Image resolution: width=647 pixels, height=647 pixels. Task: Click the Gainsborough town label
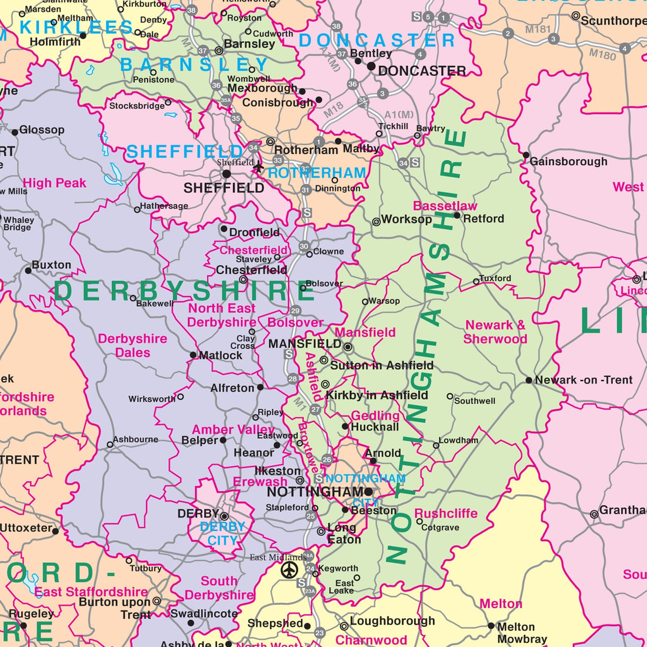click(x=568, y=161)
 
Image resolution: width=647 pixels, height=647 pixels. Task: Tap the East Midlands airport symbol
click(x=289, y=569)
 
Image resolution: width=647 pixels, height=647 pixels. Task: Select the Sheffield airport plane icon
click(x=258, y=168)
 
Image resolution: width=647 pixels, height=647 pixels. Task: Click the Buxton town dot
click(x=28, y=271)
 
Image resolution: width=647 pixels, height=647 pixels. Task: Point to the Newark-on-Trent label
click(x=583, y=380)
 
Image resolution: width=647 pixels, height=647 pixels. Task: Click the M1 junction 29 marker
click(x=295, y=311)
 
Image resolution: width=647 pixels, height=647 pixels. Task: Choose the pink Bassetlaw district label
click(x=445, y=206)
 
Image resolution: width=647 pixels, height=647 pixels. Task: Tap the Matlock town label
click(x=221, y=355)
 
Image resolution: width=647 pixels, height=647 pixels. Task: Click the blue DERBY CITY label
click(x=222, y=533)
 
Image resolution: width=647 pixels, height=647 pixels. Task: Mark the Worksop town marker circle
click(x=376, y=222)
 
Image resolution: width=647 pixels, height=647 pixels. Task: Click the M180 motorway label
click(x=602, y=54)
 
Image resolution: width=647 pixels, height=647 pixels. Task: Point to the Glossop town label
click(x=42, y=129)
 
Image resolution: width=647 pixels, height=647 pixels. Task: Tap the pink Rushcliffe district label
click(x=446, y=513)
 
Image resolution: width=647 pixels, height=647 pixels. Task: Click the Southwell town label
click(x=475, y=401)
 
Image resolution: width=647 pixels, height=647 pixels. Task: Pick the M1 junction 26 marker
click(x=327, y=460)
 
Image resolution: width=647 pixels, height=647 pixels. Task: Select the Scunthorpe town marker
click(x=576, y=16)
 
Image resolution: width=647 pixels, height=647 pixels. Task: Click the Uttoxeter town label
click(x=26, y=528)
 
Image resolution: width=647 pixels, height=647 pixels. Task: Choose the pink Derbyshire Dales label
click(x=133, y=346)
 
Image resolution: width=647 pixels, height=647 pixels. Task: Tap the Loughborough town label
click(x=392, y=621)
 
